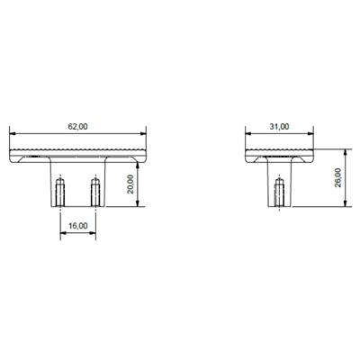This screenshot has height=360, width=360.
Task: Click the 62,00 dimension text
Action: [78, 127]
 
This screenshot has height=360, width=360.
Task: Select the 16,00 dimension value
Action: [77, 227]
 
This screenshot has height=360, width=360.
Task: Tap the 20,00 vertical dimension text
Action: [130, 184]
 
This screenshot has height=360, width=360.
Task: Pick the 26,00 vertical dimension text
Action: [338, 177]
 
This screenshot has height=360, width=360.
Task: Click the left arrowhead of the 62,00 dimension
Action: [12, 134]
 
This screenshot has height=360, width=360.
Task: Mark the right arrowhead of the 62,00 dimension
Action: [143, 134]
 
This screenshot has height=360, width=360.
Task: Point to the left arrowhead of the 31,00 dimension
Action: [248, 134]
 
